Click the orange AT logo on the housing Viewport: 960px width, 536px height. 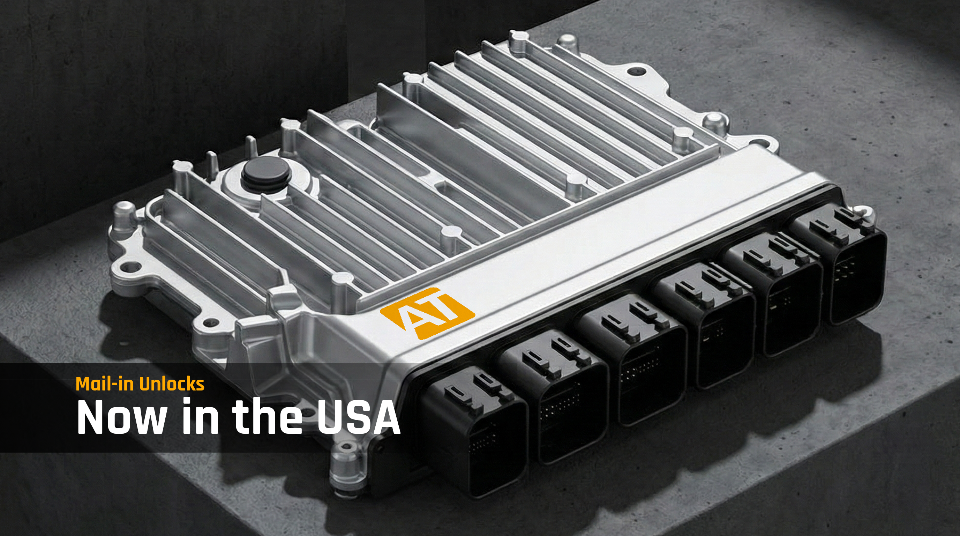point(427,313)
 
